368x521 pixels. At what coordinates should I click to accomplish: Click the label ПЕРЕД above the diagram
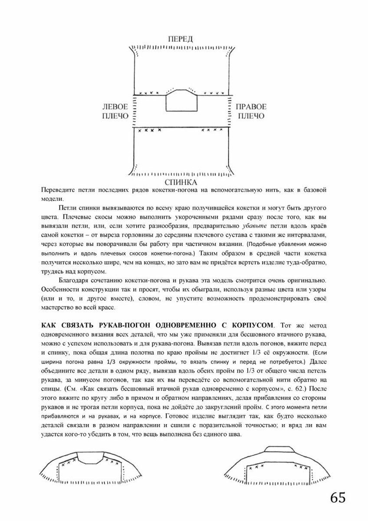point(181,39)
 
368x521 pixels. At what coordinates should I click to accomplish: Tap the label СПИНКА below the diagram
point(181,182)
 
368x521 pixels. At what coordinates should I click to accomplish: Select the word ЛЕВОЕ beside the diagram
point(115,106)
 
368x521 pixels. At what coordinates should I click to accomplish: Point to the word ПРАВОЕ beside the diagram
point(251,106)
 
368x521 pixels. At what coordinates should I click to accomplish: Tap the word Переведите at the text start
point(58,190)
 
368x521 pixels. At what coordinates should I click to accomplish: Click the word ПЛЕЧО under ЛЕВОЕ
point(115,116)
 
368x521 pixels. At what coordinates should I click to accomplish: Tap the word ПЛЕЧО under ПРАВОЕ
point(251,116)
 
